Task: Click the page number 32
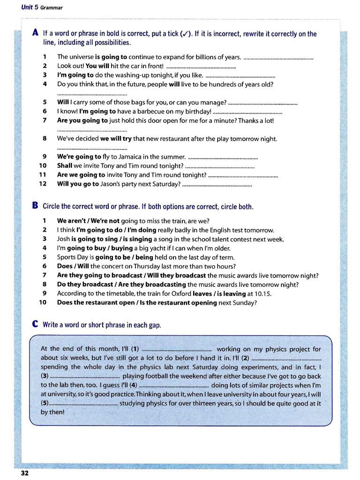click(x=24, y=473)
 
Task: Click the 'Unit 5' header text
click(x=30, y=7)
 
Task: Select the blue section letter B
click(x=35, y=205)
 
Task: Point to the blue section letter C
click(x=35, y=324)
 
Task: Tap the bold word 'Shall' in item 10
click(x=65, y=165)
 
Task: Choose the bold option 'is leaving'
click(x=230, y=293)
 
